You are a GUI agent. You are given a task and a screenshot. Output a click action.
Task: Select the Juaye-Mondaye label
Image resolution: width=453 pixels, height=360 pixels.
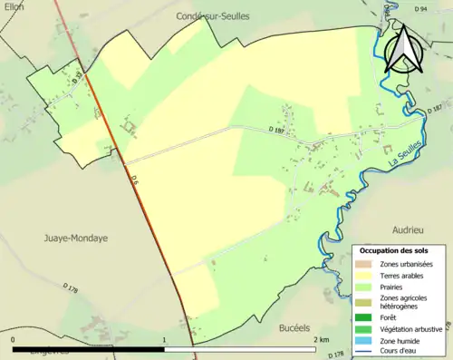pyautogui.click(x=75, y=238)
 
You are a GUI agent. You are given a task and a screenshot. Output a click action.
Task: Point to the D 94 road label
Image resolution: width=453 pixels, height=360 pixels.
pyautogui.click(x=420, y=9)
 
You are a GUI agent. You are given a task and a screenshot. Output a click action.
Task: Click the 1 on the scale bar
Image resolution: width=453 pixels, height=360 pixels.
pyautogui.click(x=164, y=339)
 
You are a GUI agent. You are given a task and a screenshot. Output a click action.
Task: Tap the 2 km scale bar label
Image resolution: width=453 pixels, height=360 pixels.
pyautogui.click(x=322, y=339)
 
